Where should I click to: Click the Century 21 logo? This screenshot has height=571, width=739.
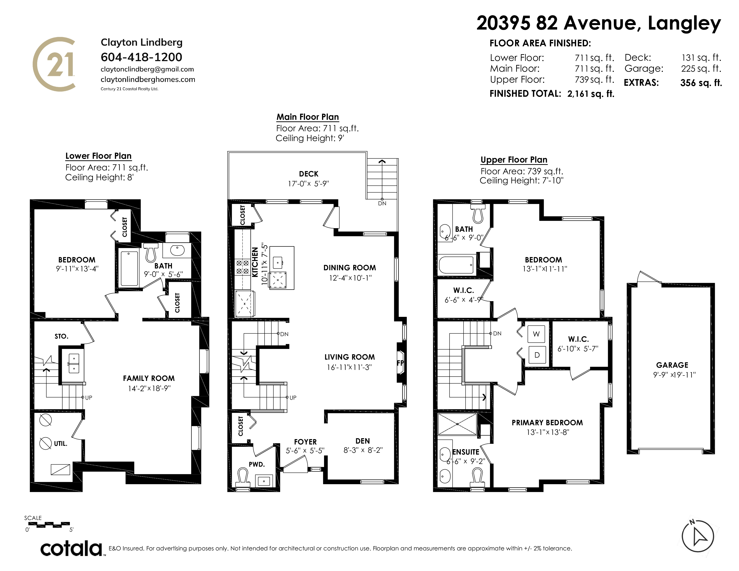pyautogui.click(x=54, y=64)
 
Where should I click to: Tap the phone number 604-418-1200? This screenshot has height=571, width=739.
pyautogui.click(x=142, y=57)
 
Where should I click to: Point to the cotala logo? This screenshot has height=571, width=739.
pyautogui.click(x=71, y=548)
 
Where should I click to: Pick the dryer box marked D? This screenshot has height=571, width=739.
pyautogui.click(x=537, y=355)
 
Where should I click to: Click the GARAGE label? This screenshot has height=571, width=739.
pyautogui.click(x=672, y=365)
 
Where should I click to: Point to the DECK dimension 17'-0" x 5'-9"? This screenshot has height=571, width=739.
pyautogui.click(x=308, y=184)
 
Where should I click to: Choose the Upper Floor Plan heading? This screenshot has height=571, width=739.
pyautogui.click(x=514, y=160)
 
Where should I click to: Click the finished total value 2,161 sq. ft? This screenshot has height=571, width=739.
pyautogui.click(x=591, y=94)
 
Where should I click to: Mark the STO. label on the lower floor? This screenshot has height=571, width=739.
pyautogui.click(x=62, y=336)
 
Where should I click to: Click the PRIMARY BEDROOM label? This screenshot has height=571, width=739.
pyautogui.click(x=547, y=423)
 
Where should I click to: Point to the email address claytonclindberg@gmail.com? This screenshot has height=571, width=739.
pyautogui.click(x=147, y=69)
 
